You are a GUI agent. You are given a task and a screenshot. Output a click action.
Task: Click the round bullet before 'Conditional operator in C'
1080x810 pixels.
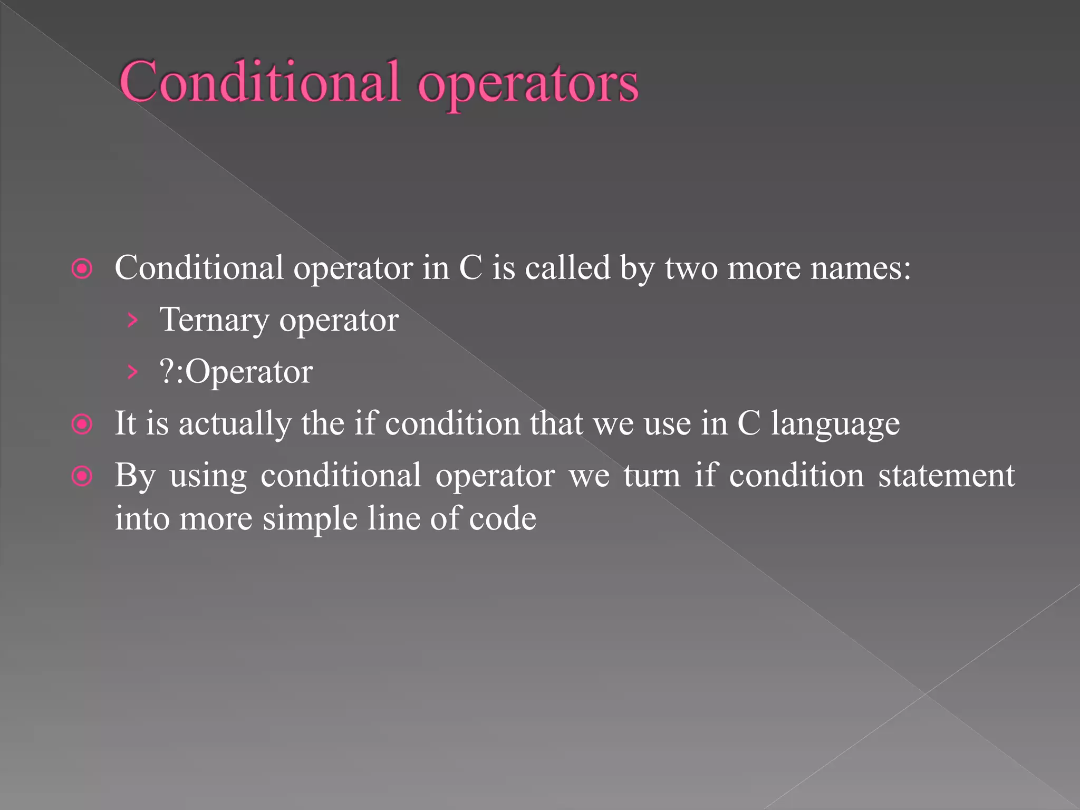[82, 269]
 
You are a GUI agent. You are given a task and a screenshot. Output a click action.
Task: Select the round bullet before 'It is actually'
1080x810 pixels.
[82, 424]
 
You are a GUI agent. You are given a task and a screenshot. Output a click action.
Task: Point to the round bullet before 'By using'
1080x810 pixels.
[82, 476]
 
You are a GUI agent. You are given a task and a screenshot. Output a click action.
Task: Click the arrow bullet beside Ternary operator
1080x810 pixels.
[132, 320]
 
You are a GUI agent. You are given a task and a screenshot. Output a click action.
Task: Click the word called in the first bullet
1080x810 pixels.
[567, 268]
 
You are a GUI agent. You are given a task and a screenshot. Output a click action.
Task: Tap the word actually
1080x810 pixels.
[235, 424]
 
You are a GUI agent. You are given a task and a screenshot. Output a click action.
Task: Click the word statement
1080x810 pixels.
[946, 476]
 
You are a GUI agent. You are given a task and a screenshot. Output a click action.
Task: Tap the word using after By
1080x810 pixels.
[208, 477]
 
